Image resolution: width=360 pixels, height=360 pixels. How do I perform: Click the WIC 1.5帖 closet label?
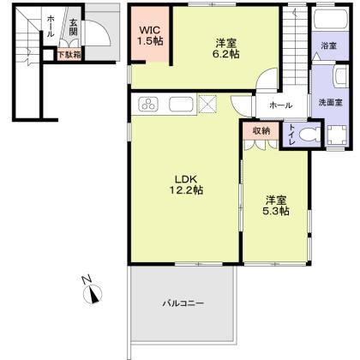153,36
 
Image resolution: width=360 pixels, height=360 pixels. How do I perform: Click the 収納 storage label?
261,130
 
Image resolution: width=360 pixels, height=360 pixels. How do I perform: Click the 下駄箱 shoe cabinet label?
69,55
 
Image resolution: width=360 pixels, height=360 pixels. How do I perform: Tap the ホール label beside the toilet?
280,105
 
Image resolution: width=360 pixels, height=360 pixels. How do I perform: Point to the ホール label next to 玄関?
50,26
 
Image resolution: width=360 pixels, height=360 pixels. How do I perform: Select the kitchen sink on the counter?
181,106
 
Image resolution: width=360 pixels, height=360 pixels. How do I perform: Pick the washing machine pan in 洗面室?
333,135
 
